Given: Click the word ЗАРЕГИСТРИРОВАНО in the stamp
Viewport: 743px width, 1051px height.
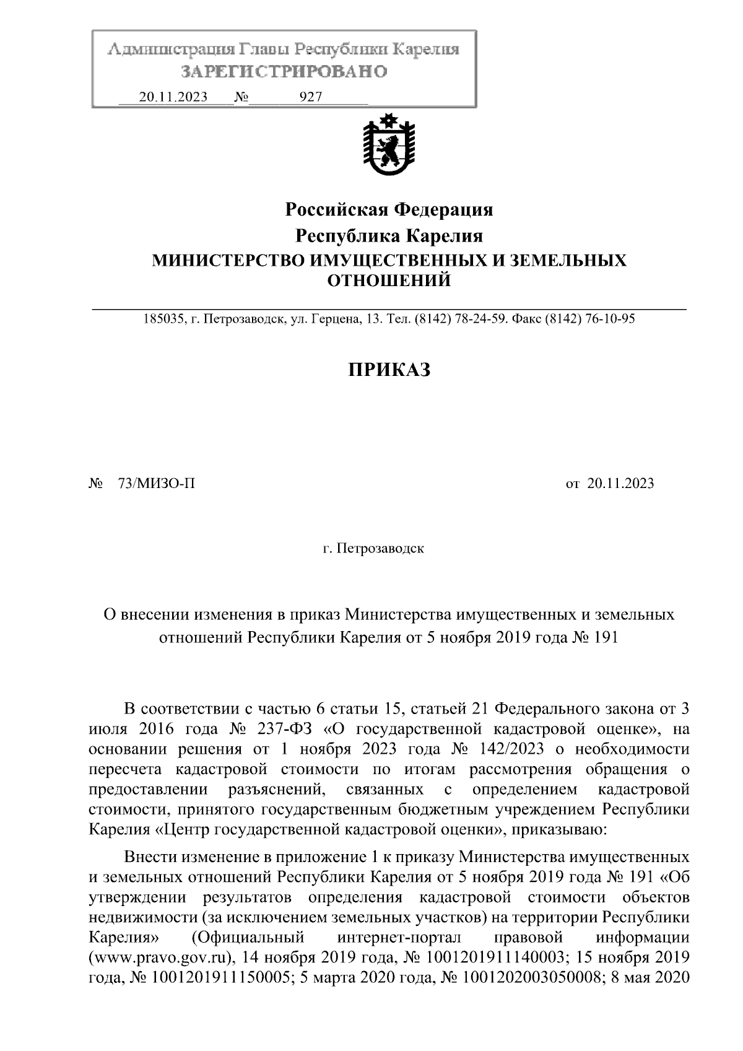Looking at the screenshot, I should point(284,71).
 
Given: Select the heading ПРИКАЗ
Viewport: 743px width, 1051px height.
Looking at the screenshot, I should point(388,370).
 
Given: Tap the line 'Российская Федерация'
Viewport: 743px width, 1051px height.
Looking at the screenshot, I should point(388,210).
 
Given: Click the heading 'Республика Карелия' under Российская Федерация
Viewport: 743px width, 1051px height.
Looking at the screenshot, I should point(388,236).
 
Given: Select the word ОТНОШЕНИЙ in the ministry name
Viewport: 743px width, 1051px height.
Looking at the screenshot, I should point(388,281).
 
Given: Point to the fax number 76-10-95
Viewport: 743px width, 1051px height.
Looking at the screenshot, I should point(609,320).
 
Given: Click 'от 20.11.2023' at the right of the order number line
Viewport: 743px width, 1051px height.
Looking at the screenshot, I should point(609,484).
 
